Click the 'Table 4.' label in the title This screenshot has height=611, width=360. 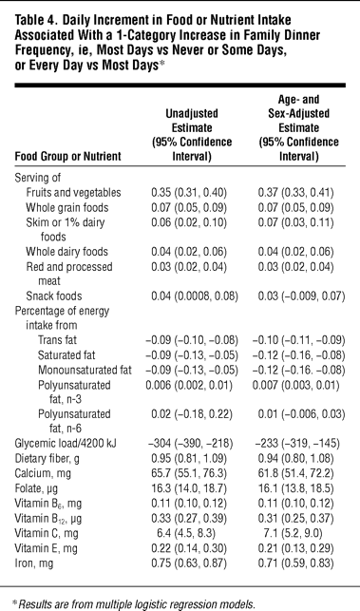pos(36,20)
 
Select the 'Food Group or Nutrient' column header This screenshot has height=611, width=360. pos(67,156)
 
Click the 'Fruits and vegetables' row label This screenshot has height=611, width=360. pos(74,193)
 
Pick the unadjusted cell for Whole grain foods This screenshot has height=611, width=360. pos(189,207)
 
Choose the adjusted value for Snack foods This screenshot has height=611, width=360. pos(301,296)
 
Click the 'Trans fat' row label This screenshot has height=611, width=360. pos(57,340)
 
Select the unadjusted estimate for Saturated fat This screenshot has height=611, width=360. pos(192,355)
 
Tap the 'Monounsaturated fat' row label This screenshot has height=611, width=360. pos(85,370)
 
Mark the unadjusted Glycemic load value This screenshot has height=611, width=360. pos(191,443)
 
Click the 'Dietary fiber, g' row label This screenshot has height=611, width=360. pos(47,458)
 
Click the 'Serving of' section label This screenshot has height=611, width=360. pos(38,178)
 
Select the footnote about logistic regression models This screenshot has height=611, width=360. pos(134,604)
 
